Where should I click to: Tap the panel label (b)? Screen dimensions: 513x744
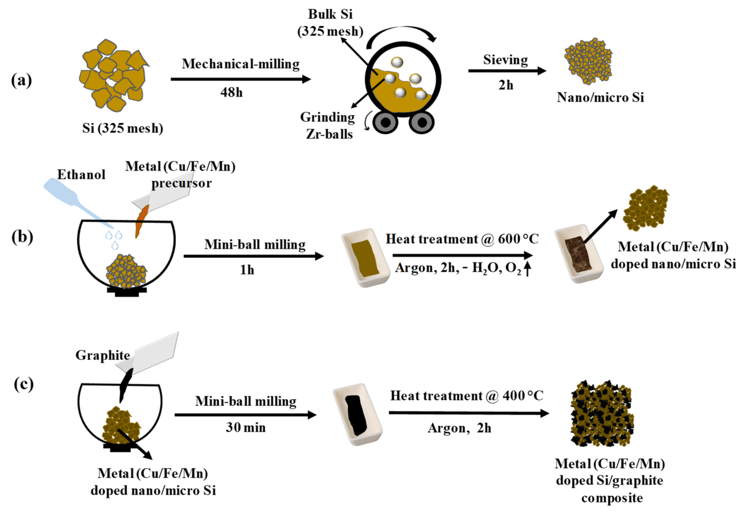[x=22, y=237]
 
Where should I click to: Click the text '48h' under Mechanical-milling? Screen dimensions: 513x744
[x=231, y=93]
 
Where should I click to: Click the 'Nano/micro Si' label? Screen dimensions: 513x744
[x=600, y=97]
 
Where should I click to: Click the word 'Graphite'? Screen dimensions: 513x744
[x=103, y=355]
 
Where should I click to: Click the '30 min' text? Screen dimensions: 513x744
[x=246, y=427]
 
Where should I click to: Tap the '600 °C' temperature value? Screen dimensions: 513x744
[x=518, y=239]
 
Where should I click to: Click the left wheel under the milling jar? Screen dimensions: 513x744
[x=385, y=123]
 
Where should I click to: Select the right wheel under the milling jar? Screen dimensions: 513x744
[x=422, y=123]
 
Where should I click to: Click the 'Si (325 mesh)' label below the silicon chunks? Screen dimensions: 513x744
[x=123, y=128]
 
